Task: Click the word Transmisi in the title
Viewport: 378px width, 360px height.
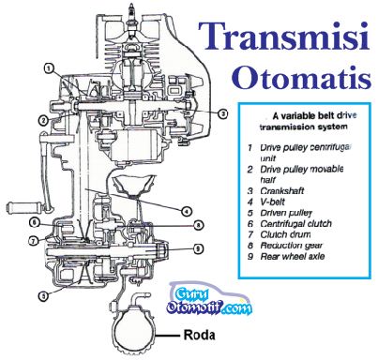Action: coord(283,37)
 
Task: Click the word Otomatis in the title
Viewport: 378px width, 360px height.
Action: coord(301,77)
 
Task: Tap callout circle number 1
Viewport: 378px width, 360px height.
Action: coord(49,68)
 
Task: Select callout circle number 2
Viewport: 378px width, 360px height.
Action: coord(43,120)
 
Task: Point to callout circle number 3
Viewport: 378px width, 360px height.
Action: coord(222,114)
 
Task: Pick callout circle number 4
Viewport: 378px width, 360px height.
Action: coord(187,211)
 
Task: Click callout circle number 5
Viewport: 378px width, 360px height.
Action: coord(43,296)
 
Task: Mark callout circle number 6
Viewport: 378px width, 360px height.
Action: coord(35,223)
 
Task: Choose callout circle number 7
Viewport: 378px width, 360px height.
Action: coord(34,241)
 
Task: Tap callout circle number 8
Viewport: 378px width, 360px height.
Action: coord(198,225)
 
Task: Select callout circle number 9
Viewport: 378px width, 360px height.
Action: coord(198,248)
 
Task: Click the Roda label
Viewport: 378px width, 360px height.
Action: coord(199,335)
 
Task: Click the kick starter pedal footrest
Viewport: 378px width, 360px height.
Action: coord(25,207)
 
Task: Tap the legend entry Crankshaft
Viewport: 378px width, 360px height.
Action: coord(281,191)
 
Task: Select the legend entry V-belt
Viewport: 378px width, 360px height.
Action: coord(272,202)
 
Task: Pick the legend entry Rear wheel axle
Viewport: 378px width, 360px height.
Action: coord(293,257)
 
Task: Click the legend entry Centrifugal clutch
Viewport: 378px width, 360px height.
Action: coord(295,224)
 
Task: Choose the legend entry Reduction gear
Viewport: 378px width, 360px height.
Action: coord(292,246)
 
